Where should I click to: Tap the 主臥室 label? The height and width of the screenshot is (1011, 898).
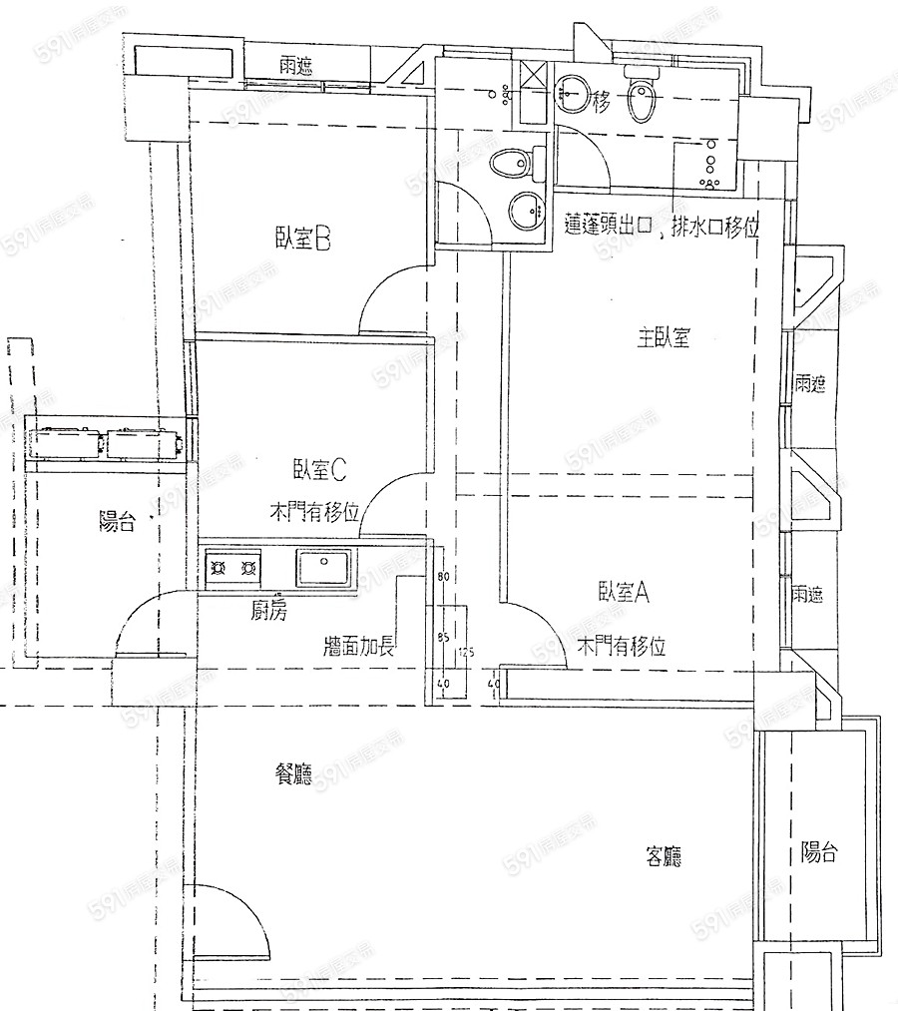click(x=664, y=337)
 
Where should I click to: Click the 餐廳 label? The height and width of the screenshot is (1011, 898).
click(x=292, y=773)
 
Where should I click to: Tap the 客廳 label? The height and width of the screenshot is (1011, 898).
click(x=670, y=856)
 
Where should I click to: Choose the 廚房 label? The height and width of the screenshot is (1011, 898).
click(x=268, y=612)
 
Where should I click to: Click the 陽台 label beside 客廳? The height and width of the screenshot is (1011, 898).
click(x=819, y=852)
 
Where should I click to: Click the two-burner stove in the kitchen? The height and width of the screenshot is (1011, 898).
click(x=233, y=569)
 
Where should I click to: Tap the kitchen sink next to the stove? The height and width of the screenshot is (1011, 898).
click(x=323, y=567)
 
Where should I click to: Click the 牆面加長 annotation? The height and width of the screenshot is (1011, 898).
click(x=360, y=646)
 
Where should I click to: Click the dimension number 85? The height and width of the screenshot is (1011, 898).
click(x=445, y=632)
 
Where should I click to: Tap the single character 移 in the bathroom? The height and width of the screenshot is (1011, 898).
click(x=601, y=101)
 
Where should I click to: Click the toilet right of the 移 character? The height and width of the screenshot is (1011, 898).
click(x=642, y=96)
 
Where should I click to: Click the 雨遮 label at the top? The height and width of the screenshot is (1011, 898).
click(x=295, y=67)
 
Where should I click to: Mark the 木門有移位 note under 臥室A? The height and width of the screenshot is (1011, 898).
click(x=622, y=646)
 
